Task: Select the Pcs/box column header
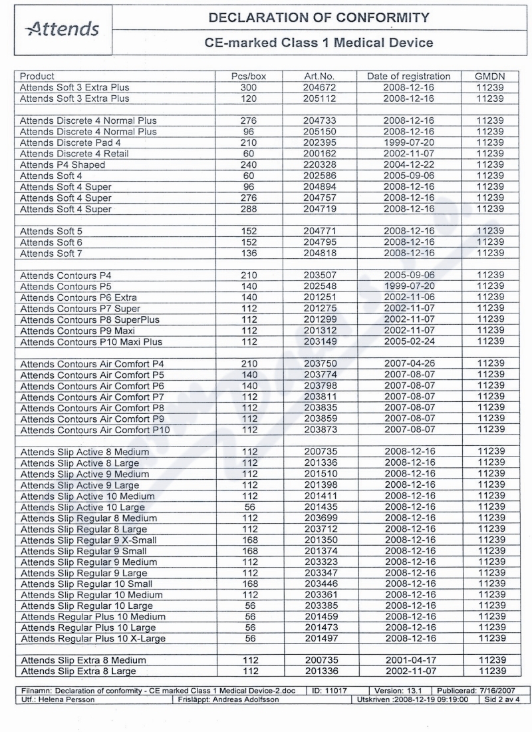point(249,77)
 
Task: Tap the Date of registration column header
point(409,77)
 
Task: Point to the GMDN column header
point(491,77)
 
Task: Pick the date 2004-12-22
point(409,164)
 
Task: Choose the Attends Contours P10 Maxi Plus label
point(91,342)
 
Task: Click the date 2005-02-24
point(409,342)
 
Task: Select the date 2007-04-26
point(409,364)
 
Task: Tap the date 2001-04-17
point(409,660)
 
